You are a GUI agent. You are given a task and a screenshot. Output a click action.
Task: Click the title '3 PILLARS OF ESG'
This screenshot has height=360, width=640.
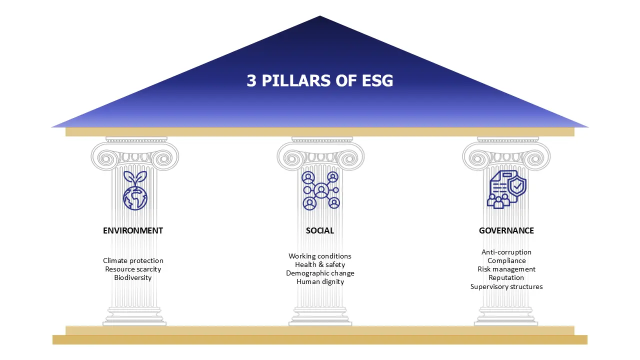pos(319,80)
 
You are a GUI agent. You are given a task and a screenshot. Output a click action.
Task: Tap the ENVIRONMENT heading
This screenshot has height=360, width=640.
pos(133,230)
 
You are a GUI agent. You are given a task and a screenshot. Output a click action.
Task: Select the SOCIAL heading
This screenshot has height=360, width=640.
pos(319,230)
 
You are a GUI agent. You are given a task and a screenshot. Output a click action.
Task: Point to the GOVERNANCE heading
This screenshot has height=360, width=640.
pos(506,230)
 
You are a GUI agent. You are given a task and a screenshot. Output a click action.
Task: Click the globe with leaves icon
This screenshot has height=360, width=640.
pos(135,190)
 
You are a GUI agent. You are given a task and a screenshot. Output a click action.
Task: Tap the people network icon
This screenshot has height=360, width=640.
pos(321,190)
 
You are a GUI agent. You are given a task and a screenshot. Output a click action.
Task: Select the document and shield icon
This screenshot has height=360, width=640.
pos(506,189)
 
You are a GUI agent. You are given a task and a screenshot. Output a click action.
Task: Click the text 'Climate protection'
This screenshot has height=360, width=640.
pos(133,260)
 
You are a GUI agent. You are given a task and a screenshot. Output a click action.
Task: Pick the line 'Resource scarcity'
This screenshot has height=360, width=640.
pos(133,269)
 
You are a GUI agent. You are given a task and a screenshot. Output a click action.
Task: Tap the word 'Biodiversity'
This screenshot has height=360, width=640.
pos(133,277)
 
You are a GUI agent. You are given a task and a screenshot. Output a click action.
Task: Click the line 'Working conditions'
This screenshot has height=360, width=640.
pos(320,256)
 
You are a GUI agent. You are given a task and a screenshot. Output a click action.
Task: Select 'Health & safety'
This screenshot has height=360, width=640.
pos(320,264)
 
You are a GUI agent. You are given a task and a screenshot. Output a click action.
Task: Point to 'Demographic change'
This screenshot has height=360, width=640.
pos(320,273)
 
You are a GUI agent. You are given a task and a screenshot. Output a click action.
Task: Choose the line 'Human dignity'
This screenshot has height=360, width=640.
pos(320,281)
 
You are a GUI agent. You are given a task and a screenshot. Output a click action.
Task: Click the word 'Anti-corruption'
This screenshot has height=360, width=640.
pos(506,252)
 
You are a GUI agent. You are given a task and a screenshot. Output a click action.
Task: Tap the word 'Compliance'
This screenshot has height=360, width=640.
pos(506,260)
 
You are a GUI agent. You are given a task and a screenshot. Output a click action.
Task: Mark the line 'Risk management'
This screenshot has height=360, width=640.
pos(506,269)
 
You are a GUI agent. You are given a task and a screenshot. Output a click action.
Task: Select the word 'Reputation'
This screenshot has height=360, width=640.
pos(506,277)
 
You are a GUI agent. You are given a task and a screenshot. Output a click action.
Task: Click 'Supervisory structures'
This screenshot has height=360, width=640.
pos(506,286)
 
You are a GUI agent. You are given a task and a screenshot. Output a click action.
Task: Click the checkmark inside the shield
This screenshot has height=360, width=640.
pos(517,186)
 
